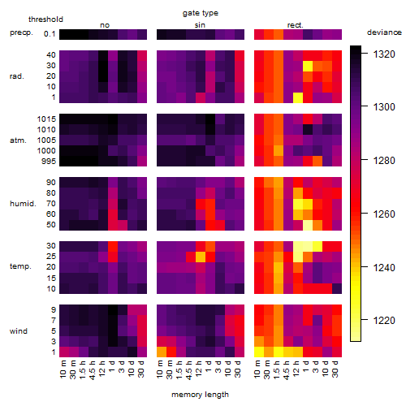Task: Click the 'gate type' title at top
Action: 201,13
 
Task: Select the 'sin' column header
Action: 200,25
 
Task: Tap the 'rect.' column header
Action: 295,25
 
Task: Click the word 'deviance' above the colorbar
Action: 384,32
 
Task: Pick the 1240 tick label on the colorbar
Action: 384,268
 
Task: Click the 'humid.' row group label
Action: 23,203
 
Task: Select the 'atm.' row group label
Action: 18,140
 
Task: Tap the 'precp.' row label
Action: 21,32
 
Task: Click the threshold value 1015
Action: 46,119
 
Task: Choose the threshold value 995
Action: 49,161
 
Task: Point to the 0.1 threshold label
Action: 50,34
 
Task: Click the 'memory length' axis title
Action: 200,395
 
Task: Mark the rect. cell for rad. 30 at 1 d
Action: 308,66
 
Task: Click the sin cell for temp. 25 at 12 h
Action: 201,257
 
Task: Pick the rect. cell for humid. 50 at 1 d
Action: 308,225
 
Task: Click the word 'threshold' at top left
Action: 45,19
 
